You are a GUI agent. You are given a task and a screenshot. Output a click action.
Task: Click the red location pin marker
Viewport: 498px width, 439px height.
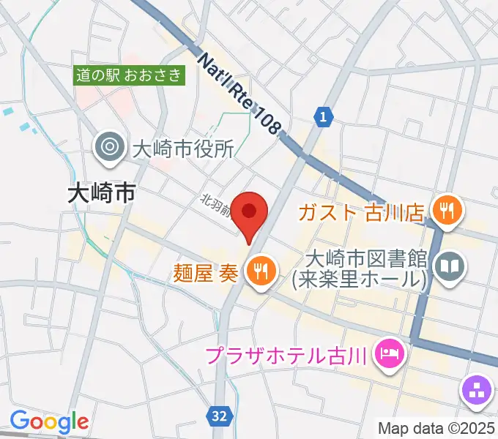tap(249, 213)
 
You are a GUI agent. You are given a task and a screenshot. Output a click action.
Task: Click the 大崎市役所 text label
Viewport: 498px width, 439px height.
tap(182, 149)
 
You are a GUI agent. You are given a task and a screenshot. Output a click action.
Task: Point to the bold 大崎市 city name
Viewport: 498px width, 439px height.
tap(101, 193)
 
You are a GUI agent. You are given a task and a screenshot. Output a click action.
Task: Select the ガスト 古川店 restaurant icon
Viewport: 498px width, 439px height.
tap(445, 212)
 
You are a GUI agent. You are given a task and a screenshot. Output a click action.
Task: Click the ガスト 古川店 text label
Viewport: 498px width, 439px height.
tap(360, 213)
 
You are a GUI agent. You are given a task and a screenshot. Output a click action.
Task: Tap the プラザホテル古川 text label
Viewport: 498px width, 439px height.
tap(285, 357)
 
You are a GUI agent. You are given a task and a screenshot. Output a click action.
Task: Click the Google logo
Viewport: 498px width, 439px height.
tap(49, 421)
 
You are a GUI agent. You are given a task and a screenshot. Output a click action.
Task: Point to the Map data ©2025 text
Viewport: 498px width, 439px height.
tap(436, 428)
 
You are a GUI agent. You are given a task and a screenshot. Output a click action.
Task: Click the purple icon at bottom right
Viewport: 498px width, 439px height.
tap(477, 389)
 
